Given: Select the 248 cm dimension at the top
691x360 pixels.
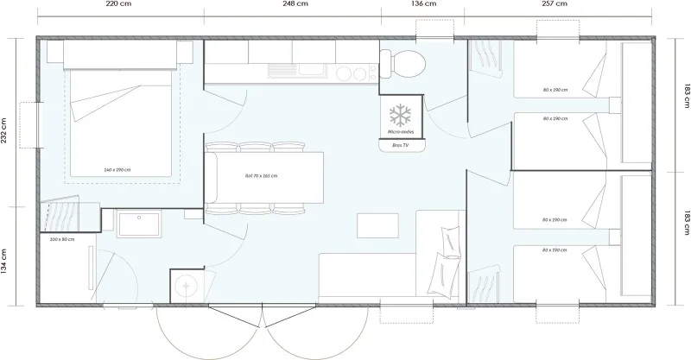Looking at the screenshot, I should [294, 4].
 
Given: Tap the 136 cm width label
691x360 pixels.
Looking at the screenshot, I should [422, 4].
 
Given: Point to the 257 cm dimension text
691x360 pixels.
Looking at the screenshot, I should [555, 4].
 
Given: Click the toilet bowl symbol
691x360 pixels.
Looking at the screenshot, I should [404, 62].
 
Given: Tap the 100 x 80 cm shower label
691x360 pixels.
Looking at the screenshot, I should [62, 238].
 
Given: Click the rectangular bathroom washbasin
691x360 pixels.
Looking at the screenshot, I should [137, 223].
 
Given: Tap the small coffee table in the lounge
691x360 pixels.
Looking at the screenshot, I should [379, 224].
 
